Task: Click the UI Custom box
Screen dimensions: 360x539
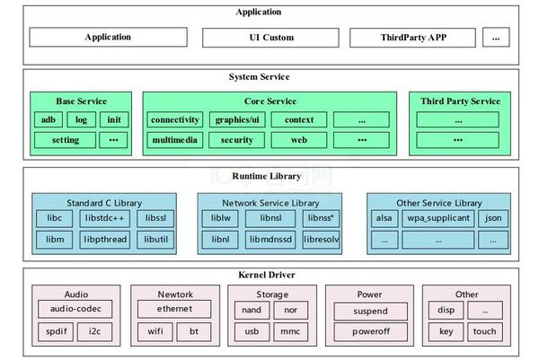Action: [x=271, y=38]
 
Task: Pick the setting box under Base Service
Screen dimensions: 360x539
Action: [x=65, y=140]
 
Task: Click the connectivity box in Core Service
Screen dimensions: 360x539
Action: [x=174, y=119]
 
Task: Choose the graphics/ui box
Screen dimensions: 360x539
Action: [x=236, y=119]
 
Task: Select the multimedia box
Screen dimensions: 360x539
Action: [x=174, y=140]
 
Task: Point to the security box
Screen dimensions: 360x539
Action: [x=236, y=140]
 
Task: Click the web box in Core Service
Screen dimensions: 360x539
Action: [x=298, y=140]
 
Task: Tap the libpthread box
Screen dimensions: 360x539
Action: [x=106, y=240]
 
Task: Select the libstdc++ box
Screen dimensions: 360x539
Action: [x=106, y=218]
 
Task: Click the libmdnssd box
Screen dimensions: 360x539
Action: [x=269, y=240]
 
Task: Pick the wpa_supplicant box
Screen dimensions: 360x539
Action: [x=437, y=218]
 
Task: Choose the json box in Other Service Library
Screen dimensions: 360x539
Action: [x=492, y=218]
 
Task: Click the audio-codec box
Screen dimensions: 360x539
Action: [x=75, y=310]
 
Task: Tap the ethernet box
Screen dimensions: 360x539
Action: [x=174, y=310]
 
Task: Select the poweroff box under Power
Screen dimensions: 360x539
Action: [x=370, y=331]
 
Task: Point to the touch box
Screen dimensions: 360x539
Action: [x=484, y=331]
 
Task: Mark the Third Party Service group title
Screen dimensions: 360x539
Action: [x=460, y=101]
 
